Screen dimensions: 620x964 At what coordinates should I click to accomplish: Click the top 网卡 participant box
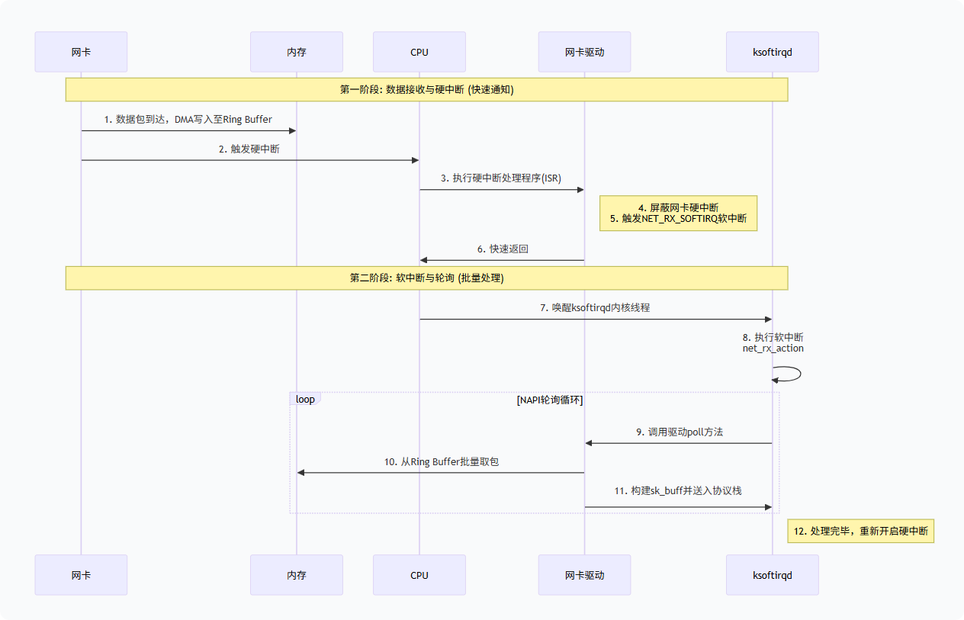click(81, 52)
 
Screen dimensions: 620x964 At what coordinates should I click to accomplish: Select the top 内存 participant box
click(297, 52)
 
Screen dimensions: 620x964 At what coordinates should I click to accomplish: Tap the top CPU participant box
click(419, 52)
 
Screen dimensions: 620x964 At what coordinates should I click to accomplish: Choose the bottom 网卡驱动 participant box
click(584, 575)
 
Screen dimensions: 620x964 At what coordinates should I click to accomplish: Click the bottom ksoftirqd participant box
click(772, 575)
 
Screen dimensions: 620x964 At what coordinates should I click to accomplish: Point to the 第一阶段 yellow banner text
click(426, 89)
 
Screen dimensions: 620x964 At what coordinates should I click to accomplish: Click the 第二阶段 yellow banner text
click(426, 278)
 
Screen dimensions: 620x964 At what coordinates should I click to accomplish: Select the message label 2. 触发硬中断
click(249, 149)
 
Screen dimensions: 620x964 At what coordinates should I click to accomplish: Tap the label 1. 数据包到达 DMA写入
click(188, 119)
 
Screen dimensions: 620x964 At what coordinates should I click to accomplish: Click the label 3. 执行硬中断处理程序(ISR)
click(501, 178)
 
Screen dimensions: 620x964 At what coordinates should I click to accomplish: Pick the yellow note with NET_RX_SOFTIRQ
click(678, 213)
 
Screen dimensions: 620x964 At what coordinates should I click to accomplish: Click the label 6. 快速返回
click(503, 249)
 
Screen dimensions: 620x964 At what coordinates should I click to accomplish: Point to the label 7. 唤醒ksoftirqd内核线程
click(595, 307)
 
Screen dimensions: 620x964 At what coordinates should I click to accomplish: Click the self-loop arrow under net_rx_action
click(789, 374)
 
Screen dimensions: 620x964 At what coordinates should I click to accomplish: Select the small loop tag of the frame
click(305, 399)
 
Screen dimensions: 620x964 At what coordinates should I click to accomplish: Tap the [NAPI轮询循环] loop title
click(549, 400)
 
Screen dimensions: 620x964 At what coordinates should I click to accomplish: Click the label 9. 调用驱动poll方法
click(679, 432)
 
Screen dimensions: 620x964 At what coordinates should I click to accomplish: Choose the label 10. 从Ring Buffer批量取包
click(441, 461)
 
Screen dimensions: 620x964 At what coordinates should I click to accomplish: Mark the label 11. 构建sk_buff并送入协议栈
click(678, 490)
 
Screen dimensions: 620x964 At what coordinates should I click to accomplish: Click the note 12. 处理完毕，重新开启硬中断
click(860, 531)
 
